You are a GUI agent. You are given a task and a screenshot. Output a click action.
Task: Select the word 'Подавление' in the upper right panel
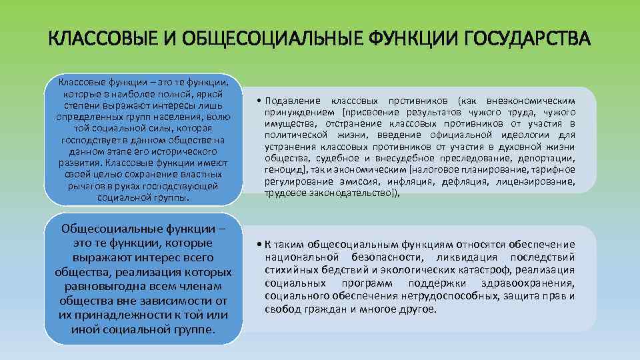point(294,100)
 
